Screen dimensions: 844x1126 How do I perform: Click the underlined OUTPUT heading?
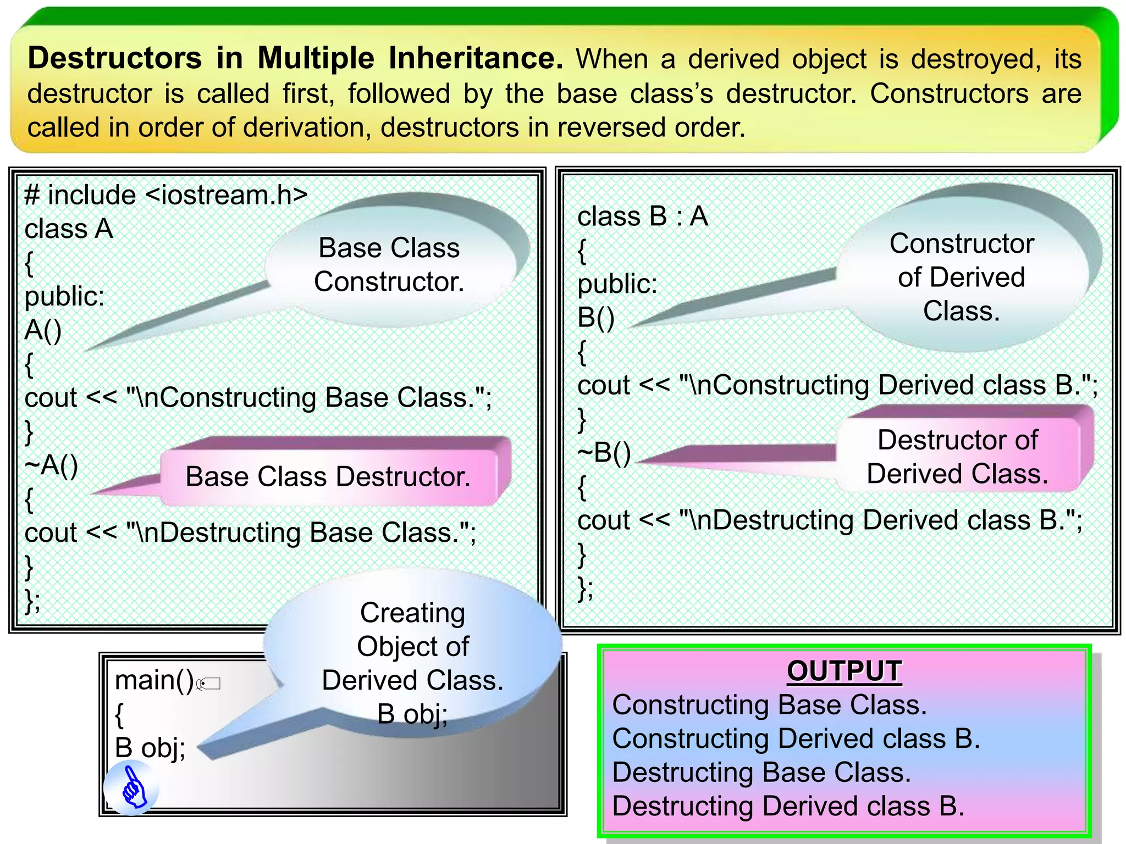tap(844, 671)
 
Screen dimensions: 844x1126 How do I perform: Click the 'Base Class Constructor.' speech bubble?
tap(389, 265)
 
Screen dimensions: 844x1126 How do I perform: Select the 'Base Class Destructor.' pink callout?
tap(328, 476)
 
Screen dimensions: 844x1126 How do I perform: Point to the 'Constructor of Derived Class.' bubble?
tap(962, 277)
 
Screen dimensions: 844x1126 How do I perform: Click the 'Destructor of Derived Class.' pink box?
tap(958, 457)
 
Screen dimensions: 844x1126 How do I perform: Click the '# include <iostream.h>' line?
tap(166, 195)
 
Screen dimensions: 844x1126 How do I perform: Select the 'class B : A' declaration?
tap(643, 216)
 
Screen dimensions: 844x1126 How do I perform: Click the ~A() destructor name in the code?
tap(52, 465)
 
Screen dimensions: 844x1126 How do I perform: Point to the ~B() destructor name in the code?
tap(604, 453)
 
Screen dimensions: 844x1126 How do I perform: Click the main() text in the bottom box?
tap(154, 680)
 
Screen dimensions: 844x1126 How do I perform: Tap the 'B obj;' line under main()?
tap(150, 748)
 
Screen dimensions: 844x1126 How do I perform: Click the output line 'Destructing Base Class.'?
tap(761, 772)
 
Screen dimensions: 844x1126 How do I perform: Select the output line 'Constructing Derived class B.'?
tap(796, 738)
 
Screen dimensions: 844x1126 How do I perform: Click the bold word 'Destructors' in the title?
tap(115, 58)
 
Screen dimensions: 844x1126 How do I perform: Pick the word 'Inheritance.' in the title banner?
tap(476, 58)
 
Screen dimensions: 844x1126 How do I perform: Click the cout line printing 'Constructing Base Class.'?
tap(258, 398)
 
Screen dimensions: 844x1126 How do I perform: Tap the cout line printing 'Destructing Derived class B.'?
tap(830, 520)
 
